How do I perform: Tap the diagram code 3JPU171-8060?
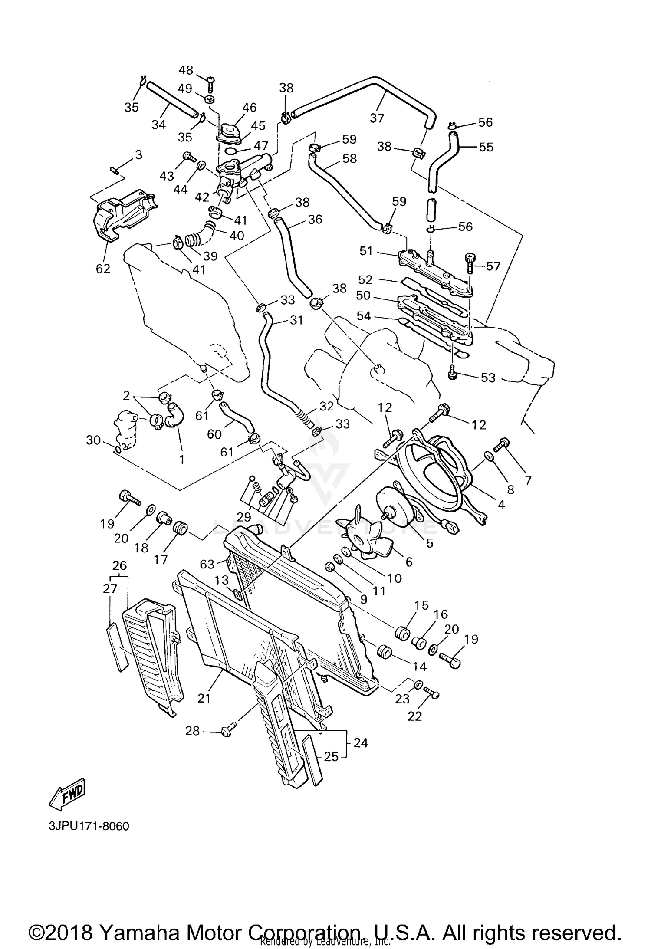point(89,826)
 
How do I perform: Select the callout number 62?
point(103,269)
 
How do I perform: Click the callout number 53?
point(488,378)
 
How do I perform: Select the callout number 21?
point(204,698)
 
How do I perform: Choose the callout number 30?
point(93,440)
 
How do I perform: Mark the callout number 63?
point(207,564)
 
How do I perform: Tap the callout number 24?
point(361,743)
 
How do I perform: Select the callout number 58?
point(349,158)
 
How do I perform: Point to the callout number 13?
point(221,581)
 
